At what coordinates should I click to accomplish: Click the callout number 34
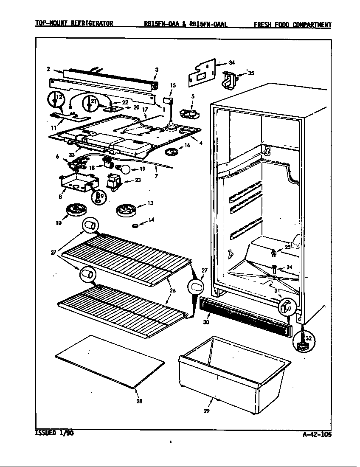click(231, 63)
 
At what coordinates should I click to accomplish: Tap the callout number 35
click(251, 73)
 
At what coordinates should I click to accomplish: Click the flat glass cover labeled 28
click(109, 361)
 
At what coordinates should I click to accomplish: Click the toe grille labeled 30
click(245, 317)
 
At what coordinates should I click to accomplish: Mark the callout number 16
click(187, 146)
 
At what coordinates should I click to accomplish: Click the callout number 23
click(138, 180)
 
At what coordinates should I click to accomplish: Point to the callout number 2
click(48, 68)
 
